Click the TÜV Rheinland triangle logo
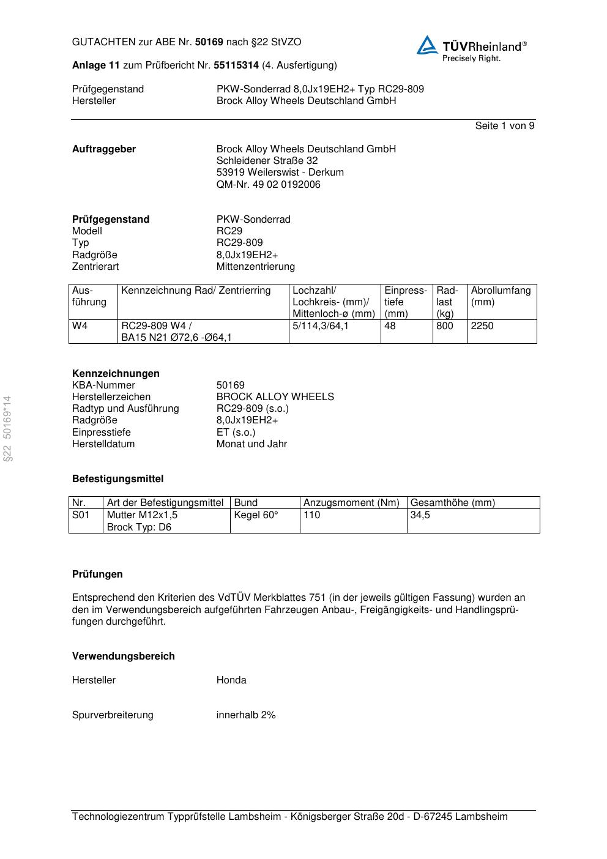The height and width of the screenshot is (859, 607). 427,46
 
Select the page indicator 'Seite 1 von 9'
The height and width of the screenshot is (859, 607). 504,126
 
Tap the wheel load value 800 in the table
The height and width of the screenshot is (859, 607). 445,326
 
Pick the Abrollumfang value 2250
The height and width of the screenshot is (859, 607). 482,326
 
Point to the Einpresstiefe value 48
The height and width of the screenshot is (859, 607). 390,326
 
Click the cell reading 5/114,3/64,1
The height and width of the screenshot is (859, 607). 321,326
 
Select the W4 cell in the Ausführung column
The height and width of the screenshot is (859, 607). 80,326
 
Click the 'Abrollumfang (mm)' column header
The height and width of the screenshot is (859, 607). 501,296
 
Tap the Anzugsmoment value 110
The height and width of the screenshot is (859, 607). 311,515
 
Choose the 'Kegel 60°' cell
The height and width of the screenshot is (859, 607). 256,515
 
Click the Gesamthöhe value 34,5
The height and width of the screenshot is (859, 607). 420,515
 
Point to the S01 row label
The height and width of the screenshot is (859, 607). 81,515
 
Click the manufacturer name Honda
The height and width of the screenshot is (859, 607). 231,680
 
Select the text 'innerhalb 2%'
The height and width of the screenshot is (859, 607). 246,715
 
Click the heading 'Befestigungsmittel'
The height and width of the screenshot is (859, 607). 117,479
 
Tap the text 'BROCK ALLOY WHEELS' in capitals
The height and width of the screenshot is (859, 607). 275,397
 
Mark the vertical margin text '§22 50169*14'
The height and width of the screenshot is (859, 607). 7,428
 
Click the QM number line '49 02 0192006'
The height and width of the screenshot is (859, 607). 268,185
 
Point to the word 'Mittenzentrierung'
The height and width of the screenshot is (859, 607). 255,267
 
